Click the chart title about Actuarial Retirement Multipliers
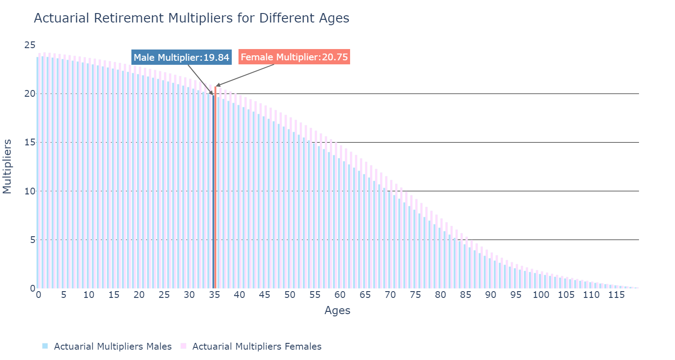coord(191,18)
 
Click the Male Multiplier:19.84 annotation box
coord(182,58)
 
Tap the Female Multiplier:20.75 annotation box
coord(294,57)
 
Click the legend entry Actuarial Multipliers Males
coord(112,346)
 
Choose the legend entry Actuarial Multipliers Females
coord(256,346)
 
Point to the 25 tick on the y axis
coord(30,45)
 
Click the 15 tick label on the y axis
coord(30,142)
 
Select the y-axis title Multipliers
coord(7,166)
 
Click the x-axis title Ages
coord(337,310)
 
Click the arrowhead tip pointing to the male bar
coord(213,94)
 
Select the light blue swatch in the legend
coord(45,346)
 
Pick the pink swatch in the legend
coord(183,346)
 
